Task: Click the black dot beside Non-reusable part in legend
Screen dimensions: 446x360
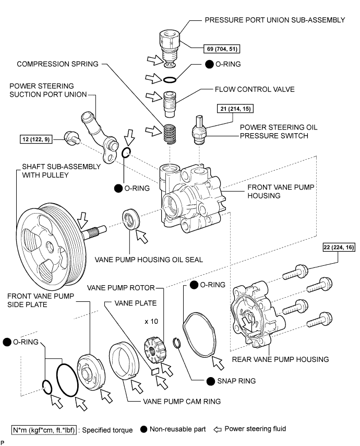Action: (x=143, y=430)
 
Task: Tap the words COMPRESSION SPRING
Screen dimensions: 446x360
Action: (x=57, y=64)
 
